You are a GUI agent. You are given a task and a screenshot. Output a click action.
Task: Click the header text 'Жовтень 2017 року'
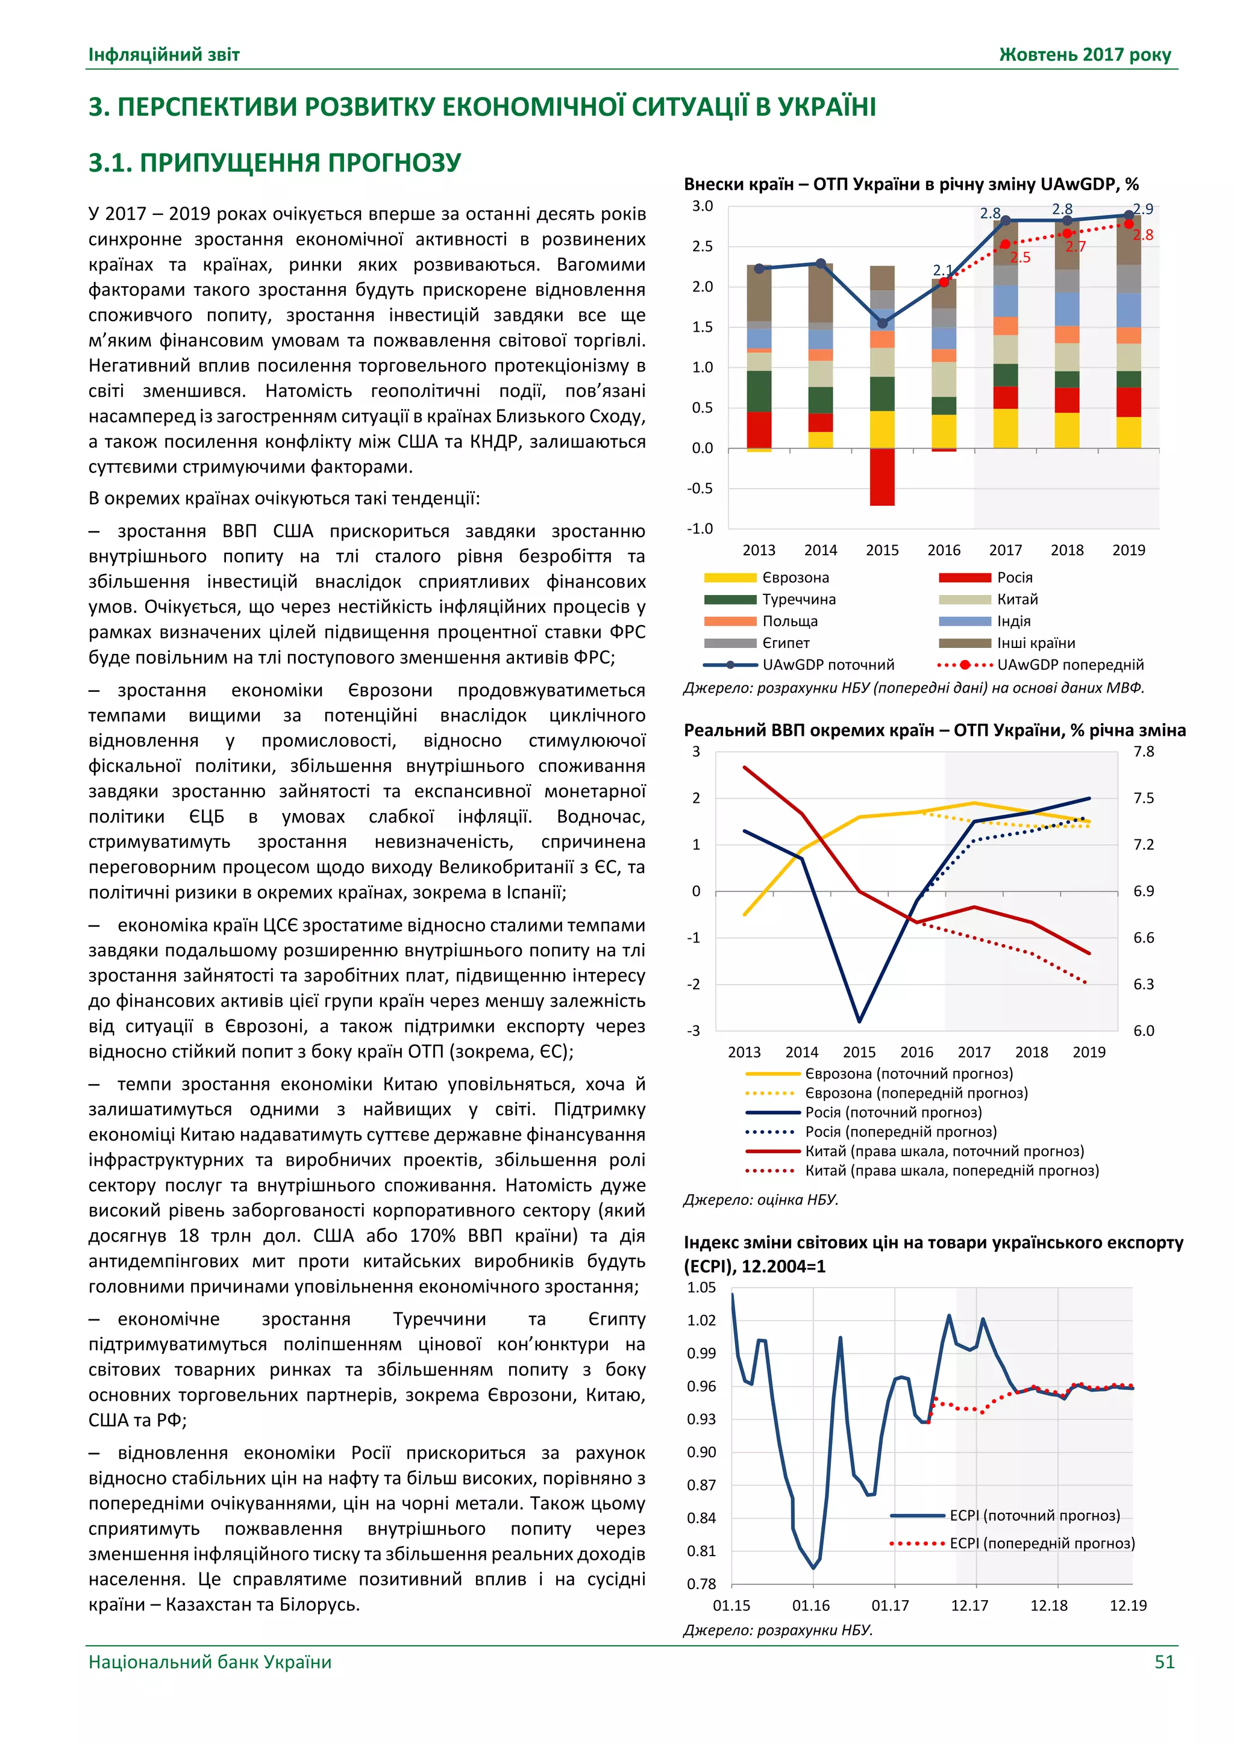coord(1085,55)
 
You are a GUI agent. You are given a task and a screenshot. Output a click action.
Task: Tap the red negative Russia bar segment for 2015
coord(882,477)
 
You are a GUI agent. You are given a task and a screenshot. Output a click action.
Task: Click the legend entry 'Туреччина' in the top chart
coord(798,599)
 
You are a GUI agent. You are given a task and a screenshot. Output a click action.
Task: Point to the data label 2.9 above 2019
coord(1143,209)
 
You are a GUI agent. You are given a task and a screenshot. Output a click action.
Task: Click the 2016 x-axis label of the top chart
coord(943,550)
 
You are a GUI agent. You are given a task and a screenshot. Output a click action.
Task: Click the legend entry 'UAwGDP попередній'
coord(1070,665)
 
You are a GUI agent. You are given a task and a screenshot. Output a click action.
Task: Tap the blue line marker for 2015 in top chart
coord(882,323)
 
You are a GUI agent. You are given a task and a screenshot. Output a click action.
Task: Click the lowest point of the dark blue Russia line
coord(859,1021)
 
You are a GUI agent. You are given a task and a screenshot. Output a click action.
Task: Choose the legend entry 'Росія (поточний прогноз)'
coord(893,1113)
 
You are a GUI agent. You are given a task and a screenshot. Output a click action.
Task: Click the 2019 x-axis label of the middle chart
coord(1088,1052)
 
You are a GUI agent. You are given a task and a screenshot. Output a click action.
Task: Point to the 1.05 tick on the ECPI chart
coord(701,1288)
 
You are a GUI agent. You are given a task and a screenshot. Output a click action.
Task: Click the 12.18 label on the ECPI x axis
coord(1048,1605)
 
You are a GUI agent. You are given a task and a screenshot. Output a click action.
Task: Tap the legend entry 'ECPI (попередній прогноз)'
coord(1042,1543)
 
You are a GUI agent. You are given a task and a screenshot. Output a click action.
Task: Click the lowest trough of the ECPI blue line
coord(813,1567)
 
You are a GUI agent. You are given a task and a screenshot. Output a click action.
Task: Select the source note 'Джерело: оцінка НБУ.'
coord(760,1200)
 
